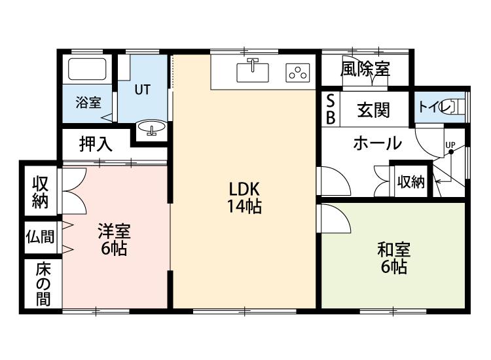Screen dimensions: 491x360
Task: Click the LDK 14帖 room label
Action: pyautogui.click(x=244, y=198)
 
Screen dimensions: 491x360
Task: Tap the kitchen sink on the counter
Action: pyautogui.click(x=253, y=71)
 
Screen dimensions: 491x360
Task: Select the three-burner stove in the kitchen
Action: pyautogui.click(x=298, y=73)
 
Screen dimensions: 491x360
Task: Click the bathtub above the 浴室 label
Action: pyautogui.click(x=87, y=69)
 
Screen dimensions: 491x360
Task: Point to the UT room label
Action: pyautogui.click(x=143, y=90)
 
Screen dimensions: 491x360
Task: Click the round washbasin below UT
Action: pyautogui.click(x=152, y=128)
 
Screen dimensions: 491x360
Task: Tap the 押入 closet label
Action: pyautogui.click(x=96, y=144)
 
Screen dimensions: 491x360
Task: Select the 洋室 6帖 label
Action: pyautogui.click(x=114, y=240)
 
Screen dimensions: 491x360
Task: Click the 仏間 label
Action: pyautogui.click(x=40, y=237)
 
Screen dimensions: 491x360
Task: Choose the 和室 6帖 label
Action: pyautogui.click(x=393, y=259)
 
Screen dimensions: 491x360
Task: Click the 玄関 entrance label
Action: pyautogui.click(x=373, y=110)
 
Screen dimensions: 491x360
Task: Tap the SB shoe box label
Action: pyautogui.click(x=331, y=109)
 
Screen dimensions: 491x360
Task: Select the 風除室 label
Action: pyautogui.click(x=365, y=69)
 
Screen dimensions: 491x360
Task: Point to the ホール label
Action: pyautogui.click(x=377, y=143)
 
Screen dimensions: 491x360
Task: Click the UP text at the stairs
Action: pyautogui.click(x=450, y=145)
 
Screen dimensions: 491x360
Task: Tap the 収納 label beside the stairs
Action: pyautogui.click(x=411, y=181)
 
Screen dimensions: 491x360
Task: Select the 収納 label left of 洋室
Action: pyautogui.click(x=41, y=192)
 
